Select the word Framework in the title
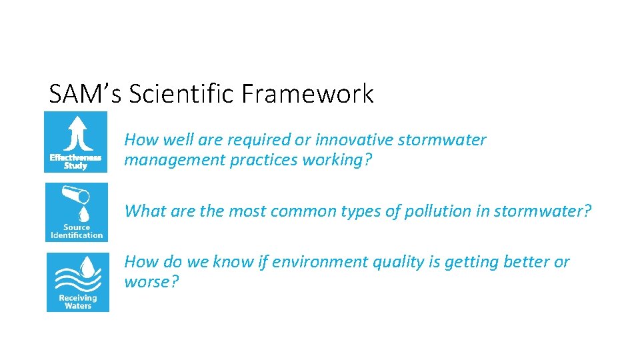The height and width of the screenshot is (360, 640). [309, 94]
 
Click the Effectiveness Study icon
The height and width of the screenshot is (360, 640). [75, 142]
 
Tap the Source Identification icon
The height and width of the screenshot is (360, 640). [77, 212]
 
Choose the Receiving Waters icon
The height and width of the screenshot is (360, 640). [77, 282]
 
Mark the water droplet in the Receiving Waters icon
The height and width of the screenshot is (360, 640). [85, 267]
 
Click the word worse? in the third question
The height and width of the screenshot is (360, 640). [151, 282]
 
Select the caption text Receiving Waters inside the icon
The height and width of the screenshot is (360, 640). [77, 301]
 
